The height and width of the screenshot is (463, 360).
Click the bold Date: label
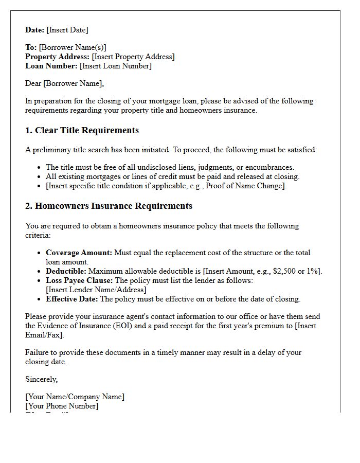click(35, 30)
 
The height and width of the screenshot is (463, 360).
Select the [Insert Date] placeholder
click(67, 30)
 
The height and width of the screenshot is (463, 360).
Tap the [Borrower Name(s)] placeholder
click(73, 47)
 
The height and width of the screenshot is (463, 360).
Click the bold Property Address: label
click(58, 57)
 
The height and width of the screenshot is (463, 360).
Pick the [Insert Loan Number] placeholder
click(116, 66)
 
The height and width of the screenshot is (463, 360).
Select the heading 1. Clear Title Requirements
click(82, 131)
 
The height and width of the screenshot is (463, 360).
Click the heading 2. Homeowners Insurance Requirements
click(109, 206)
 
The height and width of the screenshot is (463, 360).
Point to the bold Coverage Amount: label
click(79, 253)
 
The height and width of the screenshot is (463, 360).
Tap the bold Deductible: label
click(66, 271)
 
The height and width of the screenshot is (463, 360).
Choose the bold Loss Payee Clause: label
click(79, 280)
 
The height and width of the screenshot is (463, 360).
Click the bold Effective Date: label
click(72, 299)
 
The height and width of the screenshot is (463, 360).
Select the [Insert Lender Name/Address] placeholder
click(96, 290)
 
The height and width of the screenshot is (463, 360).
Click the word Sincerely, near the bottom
click(42, 379)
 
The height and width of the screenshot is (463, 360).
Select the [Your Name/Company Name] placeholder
click(75, 397)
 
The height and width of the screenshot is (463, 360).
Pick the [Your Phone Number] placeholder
click(62, 406)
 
